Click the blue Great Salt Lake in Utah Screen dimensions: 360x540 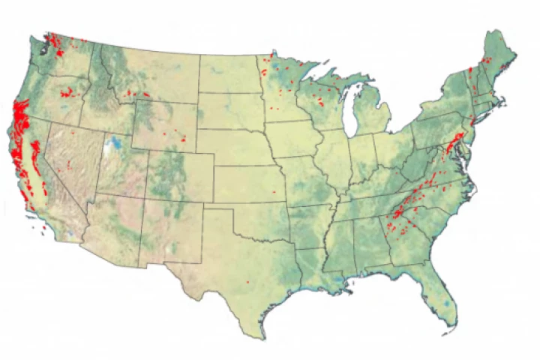114,142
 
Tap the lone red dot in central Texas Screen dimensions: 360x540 247,281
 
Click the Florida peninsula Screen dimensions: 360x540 442,300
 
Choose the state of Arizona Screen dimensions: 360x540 112,225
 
